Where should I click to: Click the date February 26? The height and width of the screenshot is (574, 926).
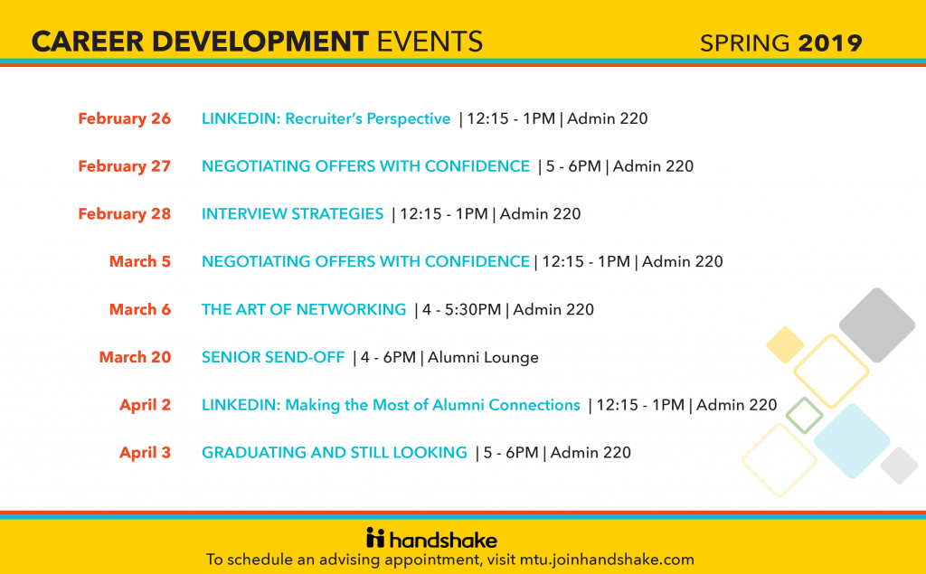click(124, 118)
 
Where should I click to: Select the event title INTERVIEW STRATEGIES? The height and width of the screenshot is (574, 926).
click(292, 214)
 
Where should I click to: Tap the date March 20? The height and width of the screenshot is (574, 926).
click(135, 357)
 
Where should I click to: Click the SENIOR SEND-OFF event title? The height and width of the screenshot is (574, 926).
click(273, 357)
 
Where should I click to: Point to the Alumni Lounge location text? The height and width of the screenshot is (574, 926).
click(483, 357)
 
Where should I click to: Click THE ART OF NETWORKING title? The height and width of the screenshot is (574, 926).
click(304, 309)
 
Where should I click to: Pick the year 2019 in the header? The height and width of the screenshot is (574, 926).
click(830, 42)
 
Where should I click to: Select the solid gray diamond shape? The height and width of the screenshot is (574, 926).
click(877, 325)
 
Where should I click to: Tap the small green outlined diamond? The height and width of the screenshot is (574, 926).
click(803, 415)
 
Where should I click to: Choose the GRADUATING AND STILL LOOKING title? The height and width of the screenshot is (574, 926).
click(335, 453)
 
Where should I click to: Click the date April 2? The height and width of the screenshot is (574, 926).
click(145, 405)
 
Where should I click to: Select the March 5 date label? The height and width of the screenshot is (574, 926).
click(140, 261)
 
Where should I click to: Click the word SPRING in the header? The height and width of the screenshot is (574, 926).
click(747, 42)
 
